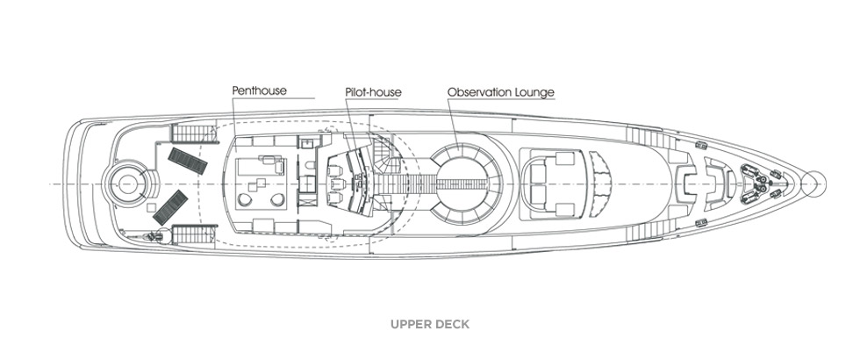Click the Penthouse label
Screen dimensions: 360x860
click(x=260, y=90)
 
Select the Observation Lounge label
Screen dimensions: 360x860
click(x=500, y=90)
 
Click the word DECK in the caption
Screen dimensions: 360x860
click(x=453, y=324)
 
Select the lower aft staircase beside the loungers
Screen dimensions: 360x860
click(x=190, y=234)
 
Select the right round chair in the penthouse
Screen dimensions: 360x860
click(x=278, y=200)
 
